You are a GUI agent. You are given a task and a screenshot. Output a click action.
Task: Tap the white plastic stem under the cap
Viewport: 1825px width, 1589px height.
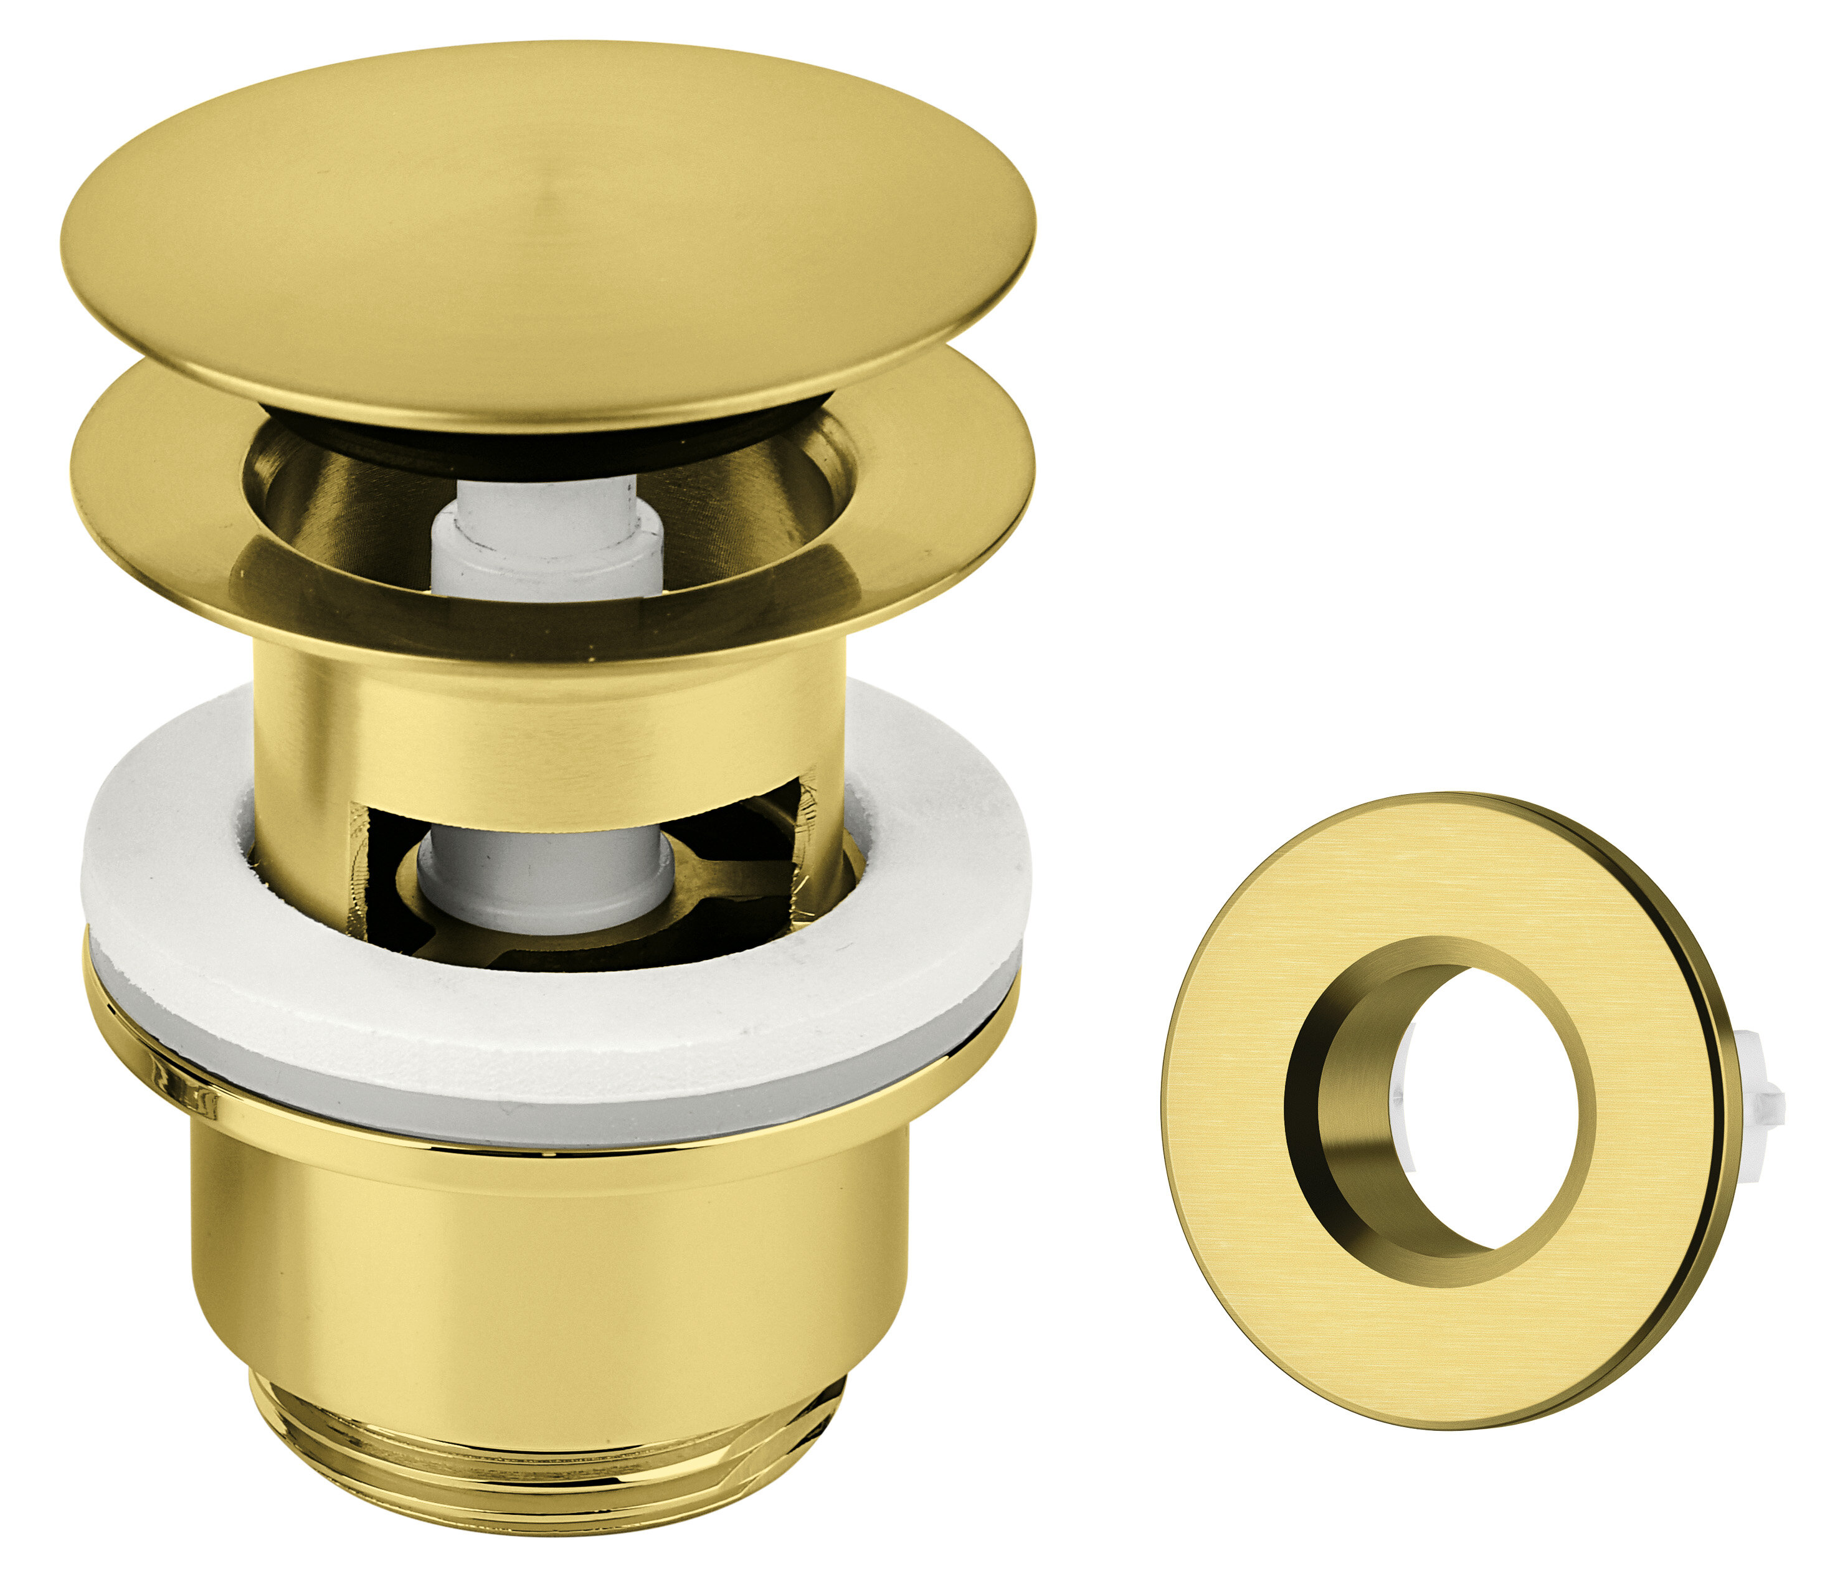547,532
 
